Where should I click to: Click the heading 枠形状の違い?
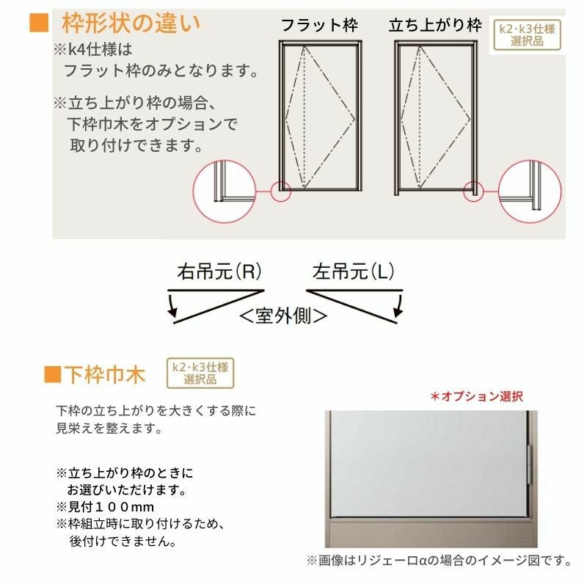coord(131,23)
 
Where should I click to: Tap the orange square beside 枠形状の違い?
coord(39,23)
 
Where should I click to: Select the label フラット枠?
coord(319,26)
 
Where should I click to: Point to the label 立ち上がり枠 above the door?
coord(435,26)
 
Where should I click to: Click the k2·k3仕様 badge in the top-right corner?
coord(527,34)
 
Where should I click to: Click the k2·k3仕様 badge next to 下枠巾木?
coord(200,373)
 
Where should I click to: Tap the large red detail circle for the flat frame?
coord(225,192)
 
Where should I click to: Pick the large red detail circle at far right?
coord(530,192)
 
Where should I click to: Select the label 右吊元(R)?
coord(219,271)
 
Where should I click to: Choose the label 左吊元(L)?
coord(354,271)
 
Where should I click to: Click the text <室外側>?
coord(283,316)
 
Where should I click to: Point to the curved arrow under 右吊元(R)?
coord(172,306)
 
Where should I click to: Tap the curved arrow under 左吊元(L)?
coord(399,306)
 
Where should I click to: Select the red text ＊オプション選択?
coord(477,396)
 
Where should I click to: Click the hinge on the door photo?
coord(530,464)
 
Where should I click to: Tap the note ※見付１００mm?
coord(105,507)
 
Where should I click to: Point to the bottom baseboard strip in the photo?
coord(431,533)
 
